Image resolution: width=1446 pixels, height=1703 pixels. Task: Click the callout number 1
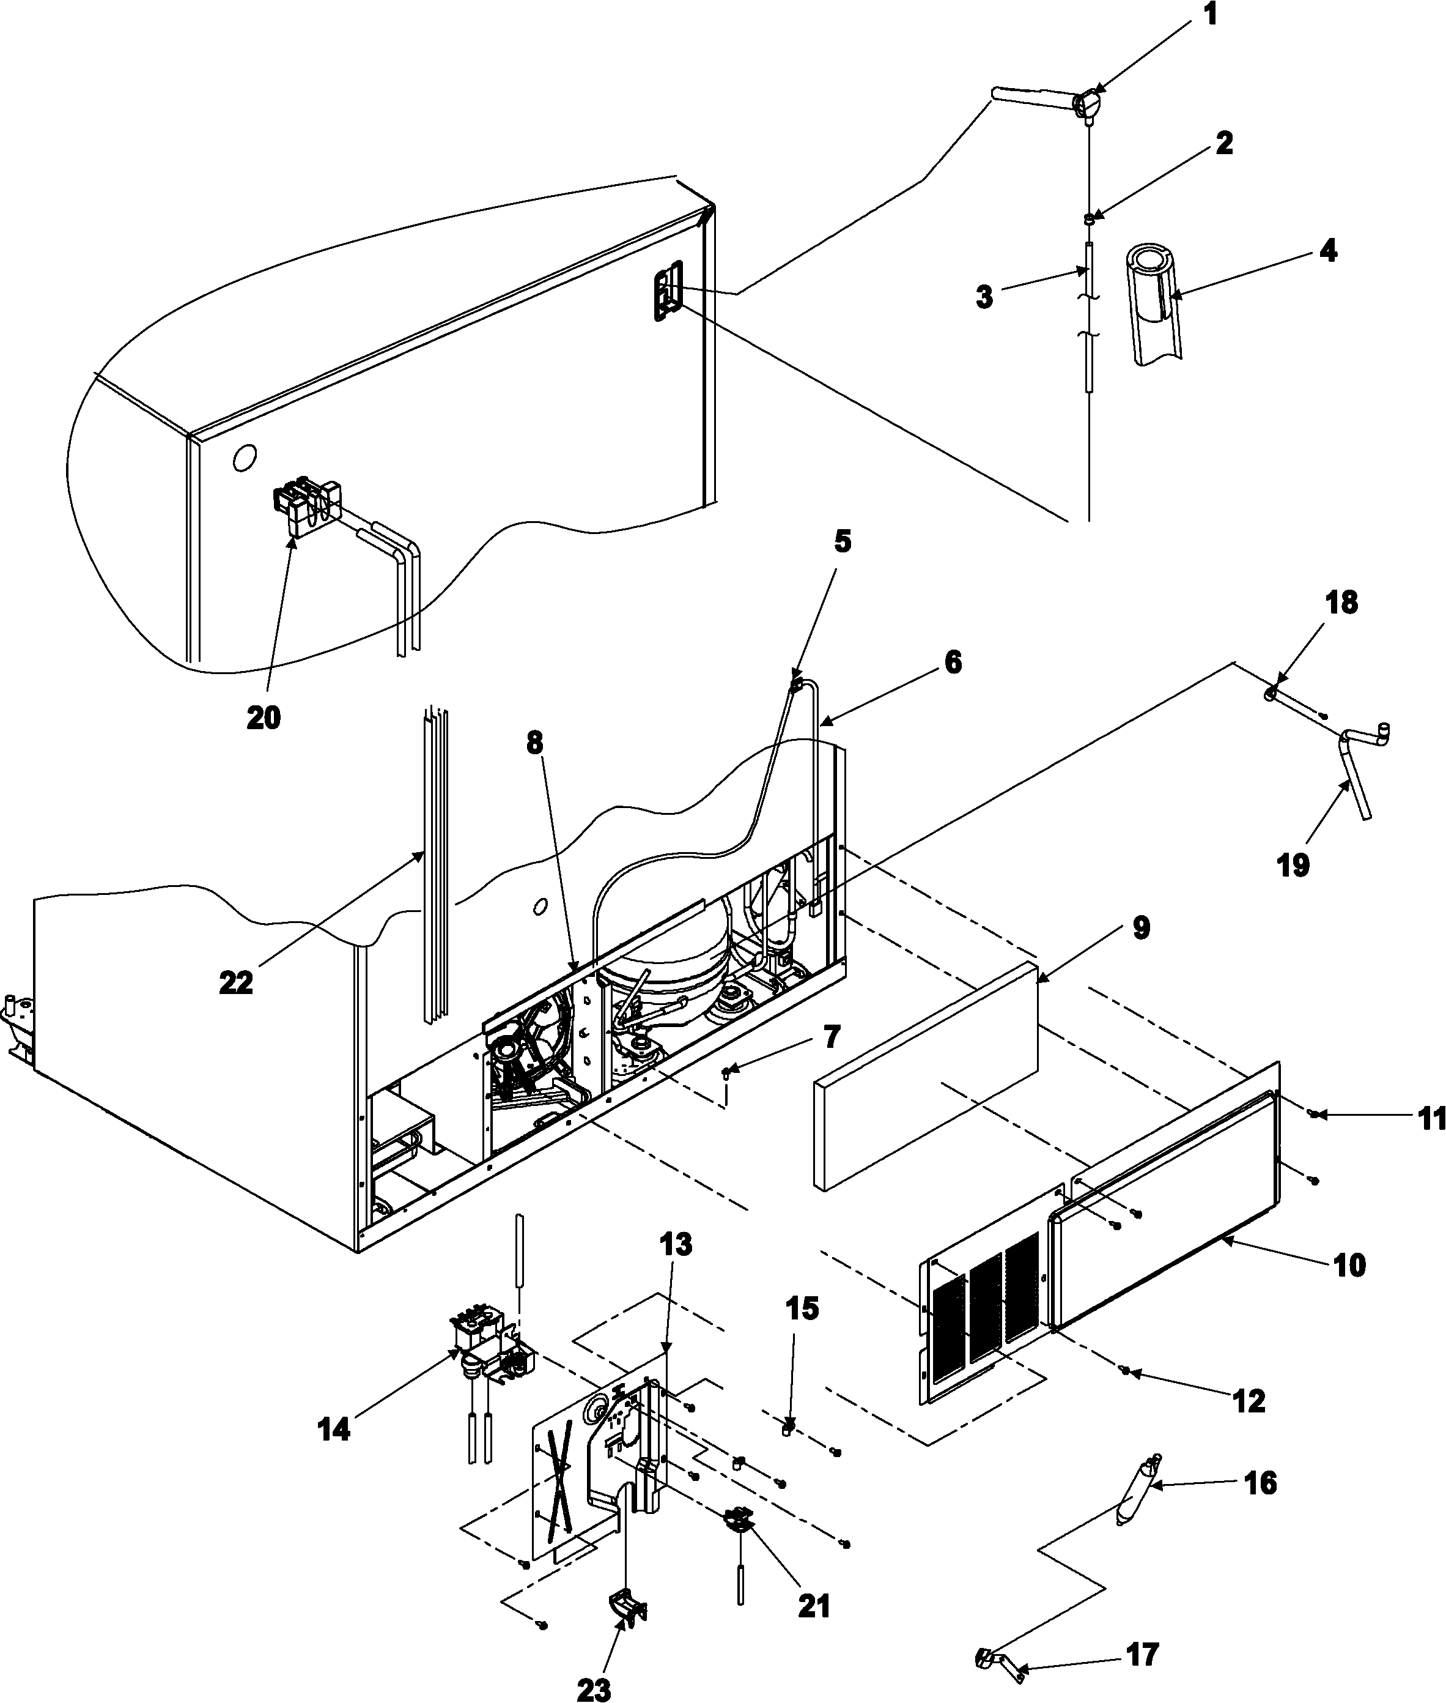pos(1211,15)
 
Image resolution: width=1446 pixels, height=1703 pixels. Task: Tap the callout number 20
pos(263,718)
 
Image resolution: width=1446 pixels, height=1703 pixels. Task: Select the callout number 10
pos(1349,1266)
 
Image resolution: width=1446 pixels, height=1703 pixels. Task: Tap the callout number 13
pos(676,1245)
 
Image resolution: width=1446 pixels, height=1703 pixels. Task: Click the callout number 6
pos(953,662)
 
